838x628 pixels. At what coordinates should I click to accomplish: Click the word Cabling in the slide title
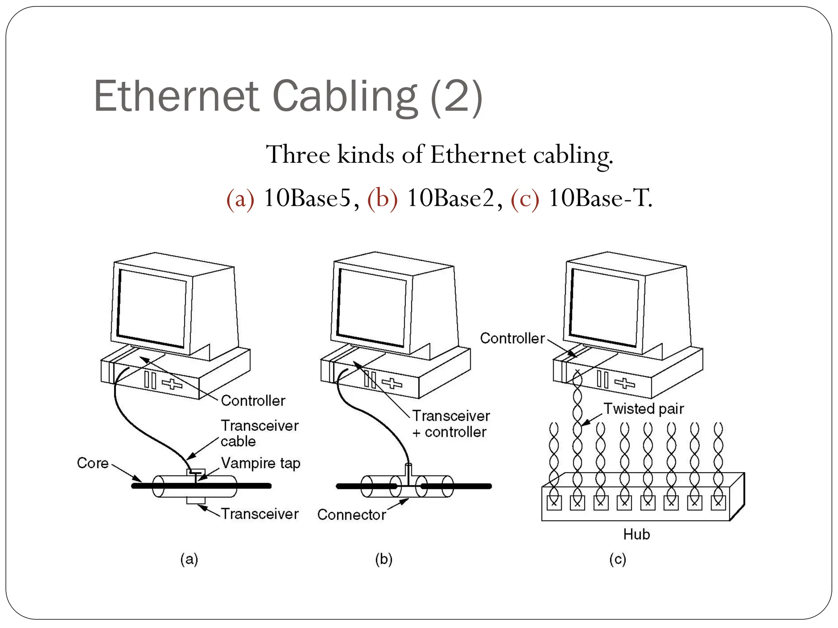click(x=345, y=96)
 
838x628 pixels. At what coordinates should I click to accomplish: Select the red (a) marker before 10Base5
click(x=240, y=199)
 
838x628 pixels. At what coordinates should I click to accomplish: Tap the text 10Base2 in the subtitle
click(x=451, y=199)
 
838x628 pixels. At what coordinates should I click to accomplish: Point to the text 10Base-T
click(x=600, y=199)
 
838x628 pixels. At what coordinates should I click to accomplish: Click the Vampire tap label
click(x=261, y=463)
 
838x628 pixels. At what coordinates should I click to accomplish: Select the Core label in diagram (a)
click(x=93, y=463)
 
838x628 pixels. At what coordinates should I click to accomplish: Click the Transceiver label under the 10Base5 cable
click(x=260, y=514)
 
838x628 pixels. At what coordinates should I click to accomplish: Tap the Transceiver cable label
click(x=259, y=433)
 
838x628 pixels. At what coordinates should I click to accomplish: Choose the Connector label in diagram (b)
click(x=351, y=515)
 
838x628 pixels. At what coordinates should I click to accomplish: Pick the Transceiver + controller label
click(x=451, y=424)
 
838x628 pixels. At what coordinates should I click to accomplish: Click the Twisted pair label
click(x=644, y=409)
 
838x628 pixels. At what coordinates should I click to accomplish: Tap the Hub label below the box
click(x=636, y=534)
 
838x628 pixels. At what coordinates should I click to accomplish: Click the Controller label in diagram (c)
click(x=512, y=339)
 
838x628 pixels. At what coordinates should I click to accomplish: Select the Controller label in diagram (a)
click(x=253, y=401)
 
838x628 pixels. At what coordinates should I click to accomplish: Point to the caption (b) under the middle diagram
click(x=384, y=559)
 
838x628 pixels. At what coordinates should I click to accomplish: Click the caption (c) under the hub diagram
click(x=617, y=559)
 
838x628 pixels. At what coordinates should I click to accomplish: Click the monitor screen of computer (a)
click(x=151, y=308)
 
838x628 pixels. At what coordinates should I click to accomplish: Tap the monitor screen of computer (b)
click(x=372, y=307)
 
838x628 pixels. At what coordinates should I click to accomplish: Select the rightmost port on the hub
click(x=718, y=502)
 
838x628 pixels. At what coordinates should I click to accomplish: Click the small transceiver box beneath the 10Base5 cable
click(x=196, y=500)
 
